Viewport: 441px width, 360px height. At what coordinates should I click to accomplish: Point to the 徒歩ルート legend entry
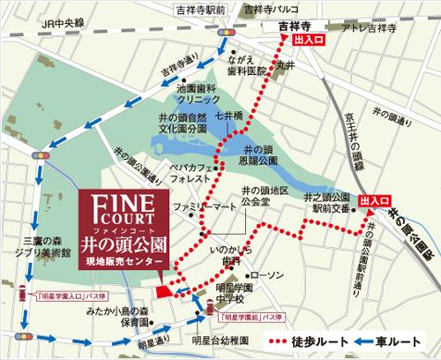(317, 341)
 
